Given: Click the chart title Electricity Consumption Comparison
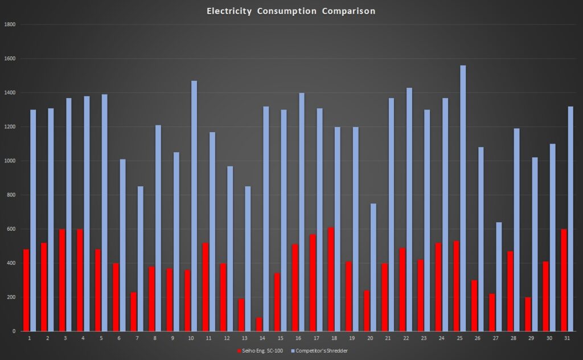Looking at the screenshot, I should pyautogui.click(x=291, y=11).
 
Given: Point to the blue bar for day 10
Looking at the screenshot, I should pyautogui.click(x=194, y=206).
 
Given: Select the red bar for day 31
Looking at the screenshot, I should pyautogui.click(x=564, y=280).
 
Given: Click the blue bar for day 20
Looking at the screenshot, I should pyautogui.click(x=373, y=267).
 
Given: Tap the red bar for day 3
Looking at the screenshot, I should pyautogui.click(x=63, y=280).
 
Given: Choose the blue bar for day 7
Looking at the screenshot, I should pyautogui.click(x=141, y=259).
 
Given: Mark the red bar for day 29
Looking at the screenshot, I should pyautogui.click(x=528, y=314).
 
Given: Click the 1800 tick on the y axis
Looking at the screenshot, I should pyautogui.click(x=10, y=24).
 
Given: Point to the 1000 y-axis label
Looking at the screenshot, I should pyautogui.click(x=10, y=161).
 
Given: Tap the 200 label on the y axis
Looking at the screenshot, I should pyautogui.click(x=11, y=297).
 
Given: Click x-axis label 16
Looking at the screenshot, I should pyautogui.click(x=298, y=338).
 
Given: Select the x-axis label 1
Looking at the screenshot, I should pyautogui.click(x=30, y=338).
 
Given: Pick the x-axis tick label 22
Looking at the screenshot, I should pyautogui.click(x=405, y=338).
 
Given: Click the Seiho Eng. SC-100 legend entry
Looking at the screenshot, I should pyautogui.click(x=261, y=351).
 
